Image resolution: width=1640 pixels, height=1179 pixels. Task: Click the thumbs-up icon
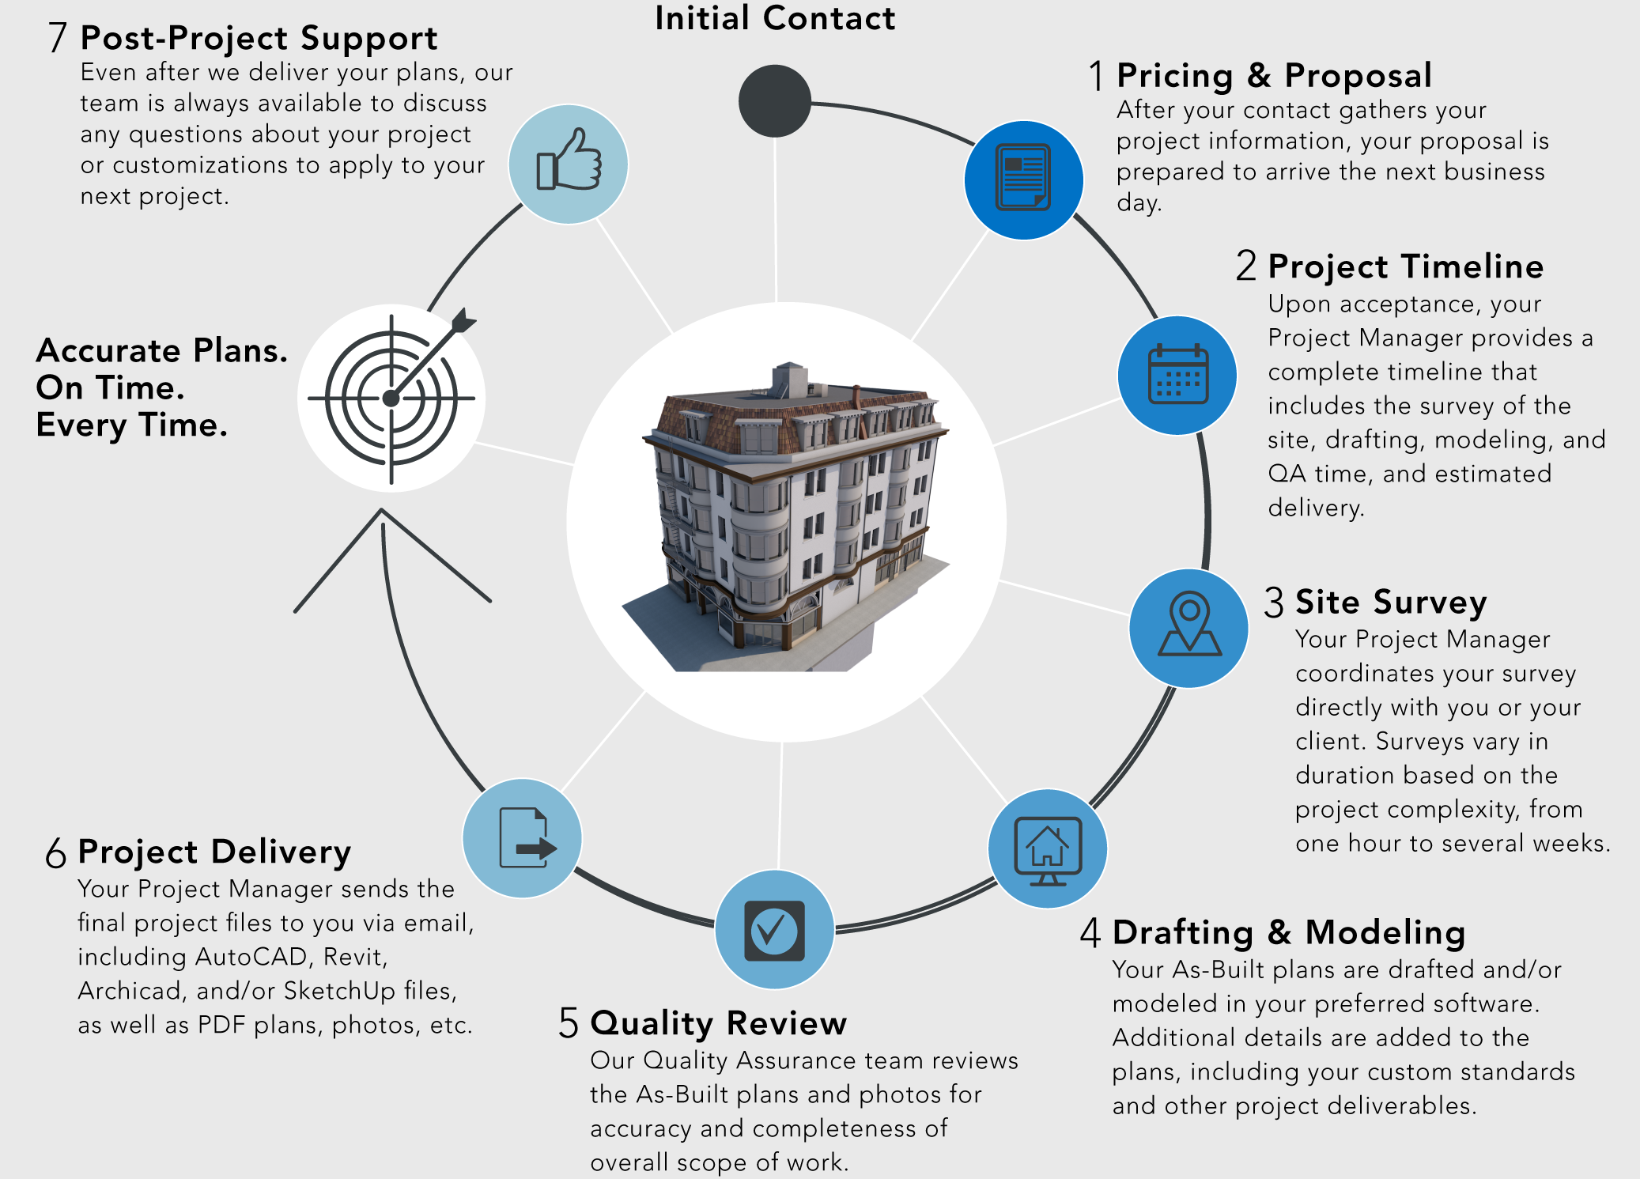click(x=569, y=164)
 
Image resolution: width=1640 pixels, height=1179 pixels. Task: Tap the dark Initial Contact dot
click(x=775, y=101)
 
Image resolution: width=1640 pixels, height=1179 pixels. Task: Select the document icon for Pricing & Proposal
click(x=1023, y=179)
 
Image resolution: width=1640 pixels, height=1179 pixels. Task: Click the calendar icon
click(x=1177, y=375)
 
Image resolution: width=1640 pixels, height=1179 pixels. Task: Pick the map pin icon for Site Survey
click(x=1189, y=626)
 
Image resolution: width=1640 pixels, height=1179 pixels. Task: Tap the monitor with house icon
click(x=1048, y=848)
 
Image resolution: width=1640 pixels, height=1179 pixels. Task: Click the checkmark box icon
click(x=774, y=930)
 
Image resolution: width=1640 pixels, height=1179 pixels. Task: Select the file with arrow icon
click(x=523, y=838)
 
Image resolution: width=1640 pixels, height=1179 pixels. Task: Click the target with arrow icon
click(x=392, y=398)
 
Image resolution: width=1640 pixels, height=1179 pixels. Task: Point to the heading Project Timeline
click(x=1405, y=266)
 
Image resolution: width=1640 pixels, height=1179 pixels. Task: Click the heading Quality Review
click(x=718, y=1023)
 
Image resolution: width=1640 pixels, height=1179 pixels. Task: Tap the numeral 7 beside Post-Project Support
click(x=58, y=38)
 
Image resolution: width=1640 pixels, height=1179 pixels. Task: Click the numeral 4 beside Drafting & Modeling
click(x=1090, y=932)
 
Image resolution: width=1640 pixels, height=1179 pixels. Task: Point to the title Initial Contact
click(x=775, y=19)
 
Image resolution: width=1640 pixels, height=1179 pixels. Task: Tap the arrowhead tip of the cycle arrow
click(x=382, y=511)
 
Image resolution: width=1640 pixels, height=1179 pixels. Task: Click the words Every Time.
click(x=131, y=425)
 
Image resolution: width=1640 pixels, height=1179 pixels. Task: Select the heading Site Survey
click(x=1390, y=602)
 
